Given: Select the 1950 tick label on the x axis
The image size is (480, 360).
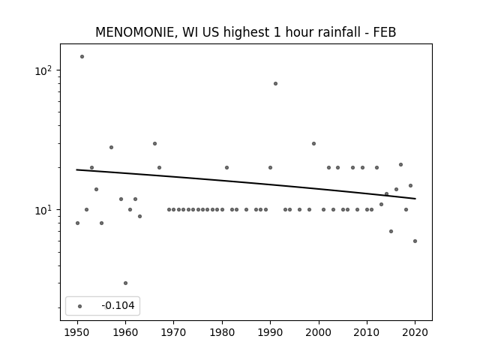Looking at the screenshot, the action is (x=77, y=332).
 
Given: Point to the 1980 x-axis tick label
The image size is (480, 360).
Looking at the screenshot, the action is (x=222, y=332).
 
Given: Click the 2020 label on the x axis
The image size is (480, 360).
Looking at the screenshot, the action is (x=415, y=332).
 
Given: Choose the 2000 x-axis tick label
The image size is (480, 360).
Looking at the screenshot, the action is (x=319, y=332).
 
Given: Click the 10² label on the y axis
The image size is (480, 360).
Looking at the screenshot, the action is (x=43, y=71).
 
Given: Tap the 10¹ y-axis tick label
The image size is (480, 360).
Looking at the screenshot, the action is (x=43, y=210).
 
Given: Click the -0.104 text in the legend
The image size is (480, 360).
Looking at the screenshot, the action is (x=118, y=305).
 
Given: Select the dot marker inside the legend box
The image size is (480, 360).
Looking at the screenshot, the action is (x=80, y=306).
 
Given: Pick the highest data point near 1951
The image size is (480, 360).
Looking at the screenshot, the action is (x=82, y=57).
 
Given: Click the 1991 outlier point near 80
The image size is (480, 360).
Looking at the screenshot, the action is (x=275, y=83).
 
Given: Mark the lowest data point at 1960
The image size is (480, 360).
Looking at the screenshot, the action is (x=125, y=283).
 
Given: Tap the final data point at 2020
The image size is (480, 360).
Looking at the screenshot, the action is (x=415, y=241).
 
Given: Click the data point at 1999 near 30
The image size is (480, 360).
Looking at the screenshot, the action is (x=313, y=143).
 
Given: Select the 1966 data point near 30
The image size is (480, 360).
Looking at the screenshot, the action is (x=155, y=143).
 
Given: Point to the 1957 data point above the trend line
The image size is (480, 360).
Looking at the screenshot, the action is (x=111, y=147).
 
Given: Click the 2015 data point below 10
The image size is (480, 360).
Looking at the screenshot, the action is (x=391, y=232).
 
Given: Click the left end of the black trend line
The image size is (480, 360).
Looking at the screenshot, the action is (x=76, y=169).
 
